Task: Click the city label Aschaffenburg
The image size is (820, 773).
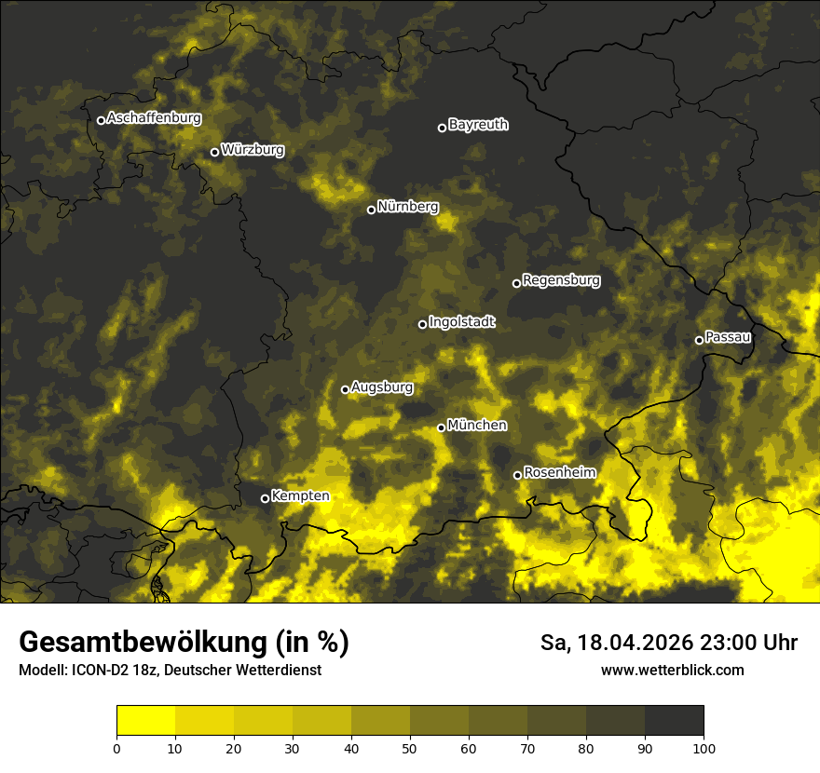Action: [154, 118]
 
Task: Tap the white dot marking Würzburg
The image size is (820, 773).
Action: [214, 152]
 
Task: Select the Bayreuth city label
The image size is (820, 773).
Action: [478, 124]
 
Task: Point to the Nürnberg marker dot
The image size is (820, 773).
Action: [371, 210]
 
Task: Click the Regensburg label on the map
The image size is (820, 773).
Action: [561, 279]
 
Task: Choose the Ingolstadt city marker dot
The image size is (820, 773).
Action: [422, 324]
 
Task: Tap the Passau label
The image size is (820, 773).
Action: [728, 336]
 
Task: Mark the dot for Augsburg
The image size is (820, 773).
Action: [345, 389]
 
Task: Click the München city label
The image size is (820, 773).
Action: [477, 425]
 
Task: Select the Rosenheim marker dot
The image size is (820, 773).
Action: [517, 476]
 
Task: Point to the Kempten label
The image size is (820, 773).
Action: [300, 495]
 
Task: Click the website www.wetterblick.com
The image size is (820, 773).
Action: [672, 670]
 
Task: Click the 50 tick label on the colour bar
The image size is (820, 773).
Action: [410, 747]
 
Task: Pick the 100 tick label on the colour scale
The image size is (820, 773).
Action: [704, 747]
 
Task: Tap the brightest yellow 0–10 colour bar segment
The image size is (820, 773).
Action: [145, 721]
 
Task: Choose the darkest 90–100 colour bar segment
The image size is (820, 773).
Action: [674, 721]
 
